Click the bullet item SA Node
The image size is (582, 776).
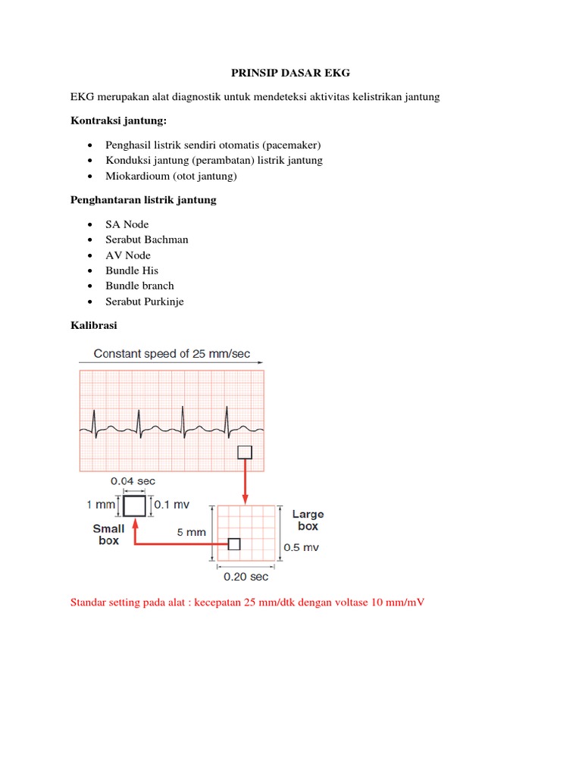127,224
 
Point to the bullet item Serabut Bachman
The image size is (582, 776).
147,239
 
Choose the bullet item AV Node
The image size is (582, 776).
128,255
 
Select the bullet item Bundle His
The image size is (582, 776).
132,271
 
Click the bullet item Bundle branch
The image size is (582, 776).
139,286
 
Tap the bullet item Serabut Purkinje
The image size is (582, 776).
145,302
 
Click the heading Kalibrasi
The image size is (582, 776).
94,325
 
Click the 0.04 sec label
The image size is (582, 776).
133,481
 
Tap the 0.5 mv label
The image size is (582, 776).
301,547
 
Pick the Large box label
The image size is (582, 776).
308,520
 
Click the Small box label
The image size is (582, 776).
108,534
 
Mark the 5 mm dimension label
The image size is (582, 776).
191,532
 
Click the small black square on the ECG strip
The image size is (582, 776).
245,452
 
